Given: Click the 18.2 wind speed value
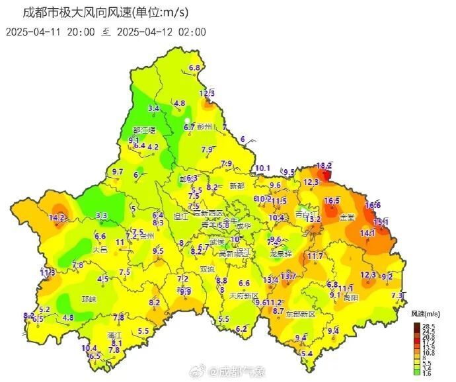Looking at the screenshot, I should [324, 166].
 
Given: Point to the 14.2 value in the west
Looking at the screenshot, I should [57, 217].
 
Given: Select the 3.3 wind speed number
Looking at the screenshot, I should [102, 215].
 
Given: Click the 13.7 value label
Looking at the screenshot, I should [288, 276].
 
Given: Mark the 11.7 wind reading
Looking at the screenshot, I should [315, 256].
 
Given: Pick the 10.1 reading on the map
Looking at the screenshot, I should [263, 168].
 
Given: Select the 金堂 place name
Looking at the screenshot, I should [346, 217].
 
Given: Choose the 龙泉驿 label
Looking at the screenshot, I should [281, 253].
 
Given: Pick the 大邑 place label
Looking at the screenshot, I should [100, 250].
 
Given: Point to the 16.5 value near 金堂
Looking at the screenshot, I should [332, 201].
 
